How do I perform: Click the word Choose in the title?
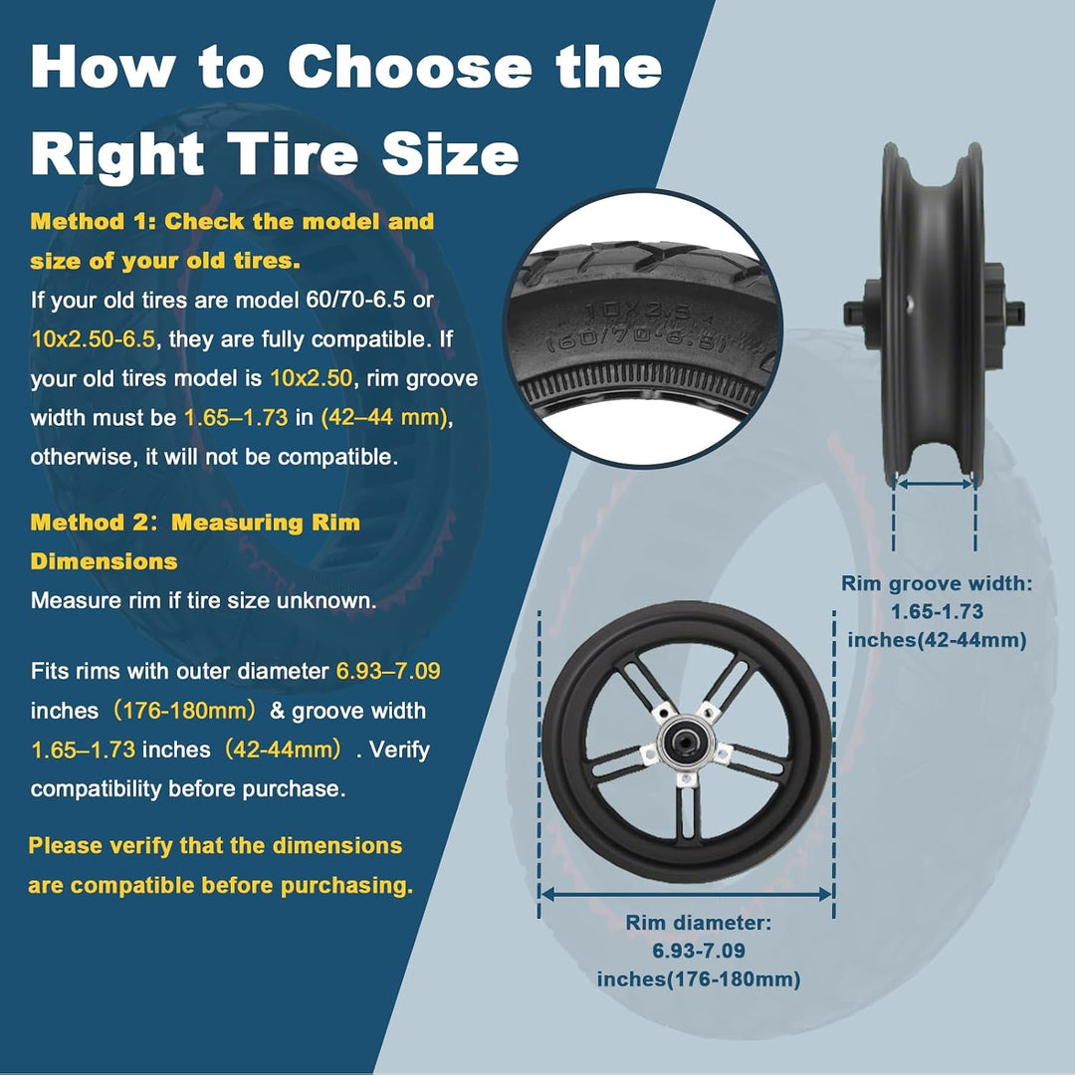pyautogui.click(x=409, y=67)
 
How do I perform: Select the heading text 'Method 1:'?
pyautogui.click(x=94, y=221)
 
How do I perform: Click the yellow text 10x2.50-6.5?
pyautogui.click(x=94, y=338)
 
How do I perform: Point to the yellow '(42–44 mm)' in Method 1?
pyautogui.click(x=385, y=417)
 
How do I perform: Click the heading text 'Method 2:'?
pyautogui.click(x=95, y=523)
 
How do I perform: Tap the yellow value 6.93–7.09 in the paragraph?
pyautogui.click(x=388, y=671)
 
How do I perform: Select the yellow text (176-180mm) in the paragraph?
pyautogui.click(x=184, y=711)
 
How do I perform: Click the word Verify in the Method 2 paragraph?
pyautogui.click(x=400, y=750)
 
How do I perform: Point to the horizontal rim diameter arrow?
pyautogui.click(x=686, y=894)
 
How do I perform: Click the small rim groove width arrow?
pyautogui.click(x=935, y=484)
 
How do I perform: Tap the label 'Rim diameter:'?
pyautogui.click(x=699, y=922)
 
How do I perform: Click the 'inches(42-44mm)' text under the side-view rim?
pyautogui.click(x=937, y=640)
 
